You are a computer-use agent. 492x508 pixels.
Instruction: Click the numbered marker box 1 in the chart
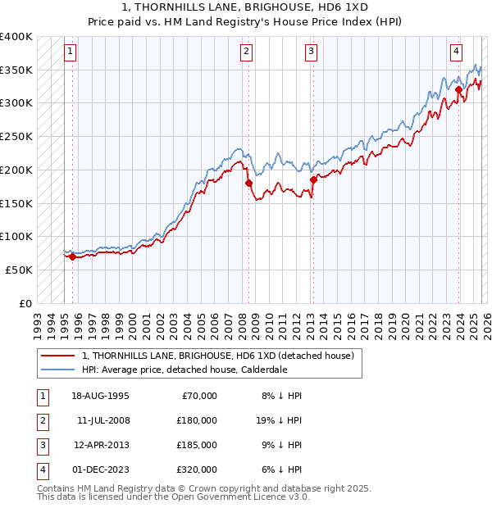pos(71,52)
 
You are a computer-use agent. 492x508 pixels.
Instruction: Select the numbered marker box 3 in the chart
pos(312,52)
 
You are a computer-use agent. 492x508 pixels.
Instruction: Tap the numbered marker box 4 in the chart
pos(456,52)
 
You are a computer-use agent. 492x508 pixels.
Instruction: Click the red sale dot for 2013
pos(312,179)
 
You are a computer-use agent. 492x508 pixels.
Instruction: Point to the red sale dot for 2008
pos(248,184)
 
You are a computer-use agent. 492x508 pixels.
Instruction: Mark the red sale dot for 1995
pos(72,256)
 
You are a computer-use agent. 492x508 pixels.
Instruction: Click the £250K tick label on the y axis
pos(16,137)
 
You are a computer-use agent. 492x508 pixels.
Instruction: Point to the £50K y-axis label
pos(19,270)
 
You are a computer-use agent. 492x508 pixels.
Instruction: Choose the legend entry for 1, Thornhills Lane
pos(217,356)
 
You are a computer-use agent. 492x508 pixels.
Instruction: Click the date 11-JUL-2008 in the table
pos(103,420)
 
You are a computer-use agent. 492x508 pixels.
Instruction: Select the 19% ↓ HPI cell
pos(279,420)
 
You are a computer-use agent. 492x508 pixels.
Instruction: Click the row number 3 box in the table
pos(42,445)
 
